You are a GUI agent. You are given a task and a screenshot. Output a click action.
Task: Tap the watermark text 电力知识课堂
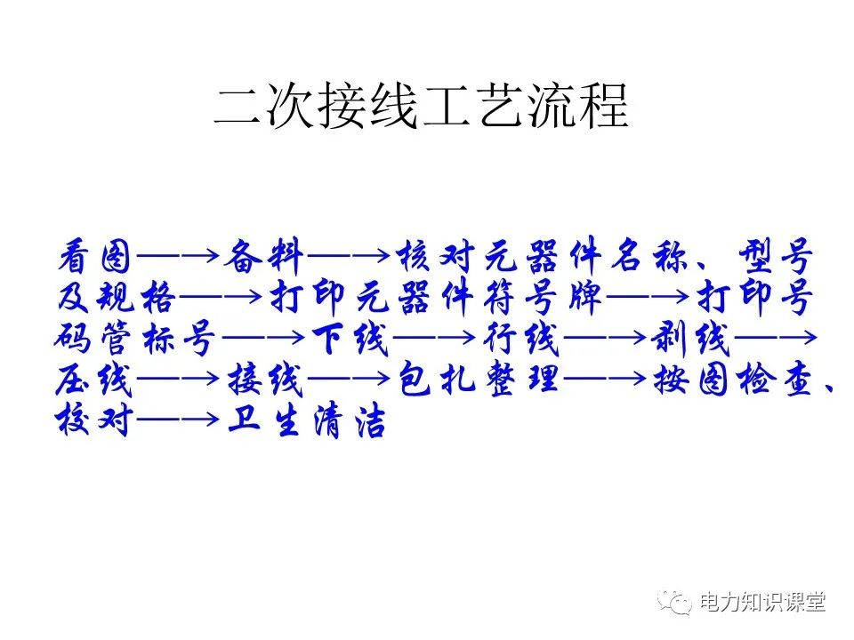point(762,602)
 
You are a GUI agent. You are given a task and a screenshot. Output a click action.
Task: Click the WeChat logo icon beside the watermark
point(675,603)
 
